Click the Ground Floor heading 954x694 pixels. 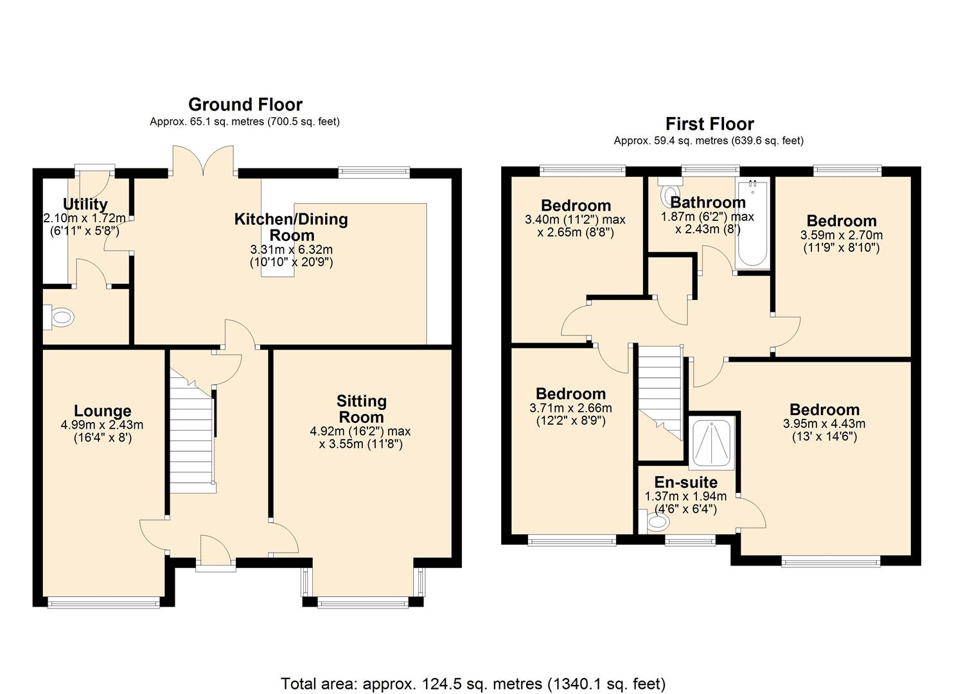point(245,104)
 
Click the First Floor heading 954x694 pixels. point(709,123)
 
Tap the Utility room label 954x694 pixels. point(85,204)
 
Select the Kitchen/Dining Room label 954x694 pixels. point(291,227)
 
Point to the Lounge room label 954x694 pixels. point(102,411)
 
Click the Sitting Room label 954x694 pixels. point(361,409)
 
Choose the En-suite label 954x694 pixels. point(685,482)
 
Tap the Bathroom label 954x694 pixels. point(708,202)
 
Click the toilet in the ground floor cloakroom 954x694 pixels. point(61,317)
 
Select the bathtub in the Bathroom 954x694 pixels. point(752,225)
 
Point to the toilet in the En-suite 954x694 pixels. point(656,522)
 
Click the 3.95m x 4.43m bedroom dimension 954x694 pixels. point(824,424)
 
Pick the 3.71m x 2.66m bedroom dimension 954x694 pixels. point(570,408)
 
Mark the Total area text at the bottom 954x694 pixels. point(473,684)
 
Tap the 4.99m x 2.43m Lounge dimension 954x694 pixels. point(102,425)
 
